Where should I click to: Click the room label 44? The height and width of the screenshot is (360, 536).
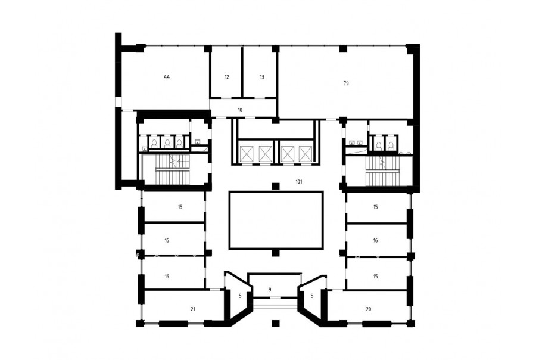pos(167,77)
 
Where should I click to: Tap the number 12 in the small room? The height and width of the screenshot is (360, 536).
pos(227,77)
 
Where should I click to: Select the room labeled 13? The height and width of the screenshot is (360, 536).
pos(262,77)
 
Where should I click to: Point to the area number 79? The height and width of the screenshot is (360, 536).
pos(346,83)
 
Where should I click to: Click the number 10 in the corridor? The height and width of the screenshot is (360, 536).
pos(240,110)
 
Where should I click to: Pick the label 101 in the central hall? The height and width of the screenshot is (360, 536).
pos(299,182)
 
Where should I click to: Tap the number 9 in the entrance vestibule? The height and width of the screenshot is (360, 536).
pos(270,290)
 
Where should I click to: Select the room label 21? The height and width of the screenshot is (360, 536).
pos(193,309)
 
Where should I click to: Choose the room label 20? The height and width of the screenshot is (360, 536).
pos(368,309)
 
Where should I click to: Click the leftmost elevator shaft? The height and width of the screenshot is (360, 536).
pos(246,154)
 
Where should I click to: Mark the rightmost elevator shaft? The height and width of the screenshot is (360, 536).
pos(306,154)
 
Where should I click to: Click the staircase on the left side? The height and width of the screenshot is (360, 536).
pos(173,169)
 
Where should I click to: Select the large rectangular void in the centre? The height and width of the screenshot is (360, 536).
pos(276,220)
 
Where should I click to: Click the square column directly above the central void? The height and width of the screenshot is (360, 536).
pos(276,187)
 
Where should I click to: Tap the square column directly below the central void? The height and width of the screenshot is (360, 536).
pos(276,253)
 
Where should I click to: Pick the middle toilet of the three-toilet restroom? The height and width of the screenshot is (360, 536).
pos(167,144)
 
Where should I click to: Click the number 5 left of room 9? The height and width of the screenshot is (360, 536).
pos(240,296)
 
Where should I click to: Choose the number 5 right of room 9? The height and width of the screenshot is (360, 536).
pos(311,296)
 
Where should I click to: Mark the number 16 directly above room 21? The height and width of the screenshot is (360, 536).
pos(167,277)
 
